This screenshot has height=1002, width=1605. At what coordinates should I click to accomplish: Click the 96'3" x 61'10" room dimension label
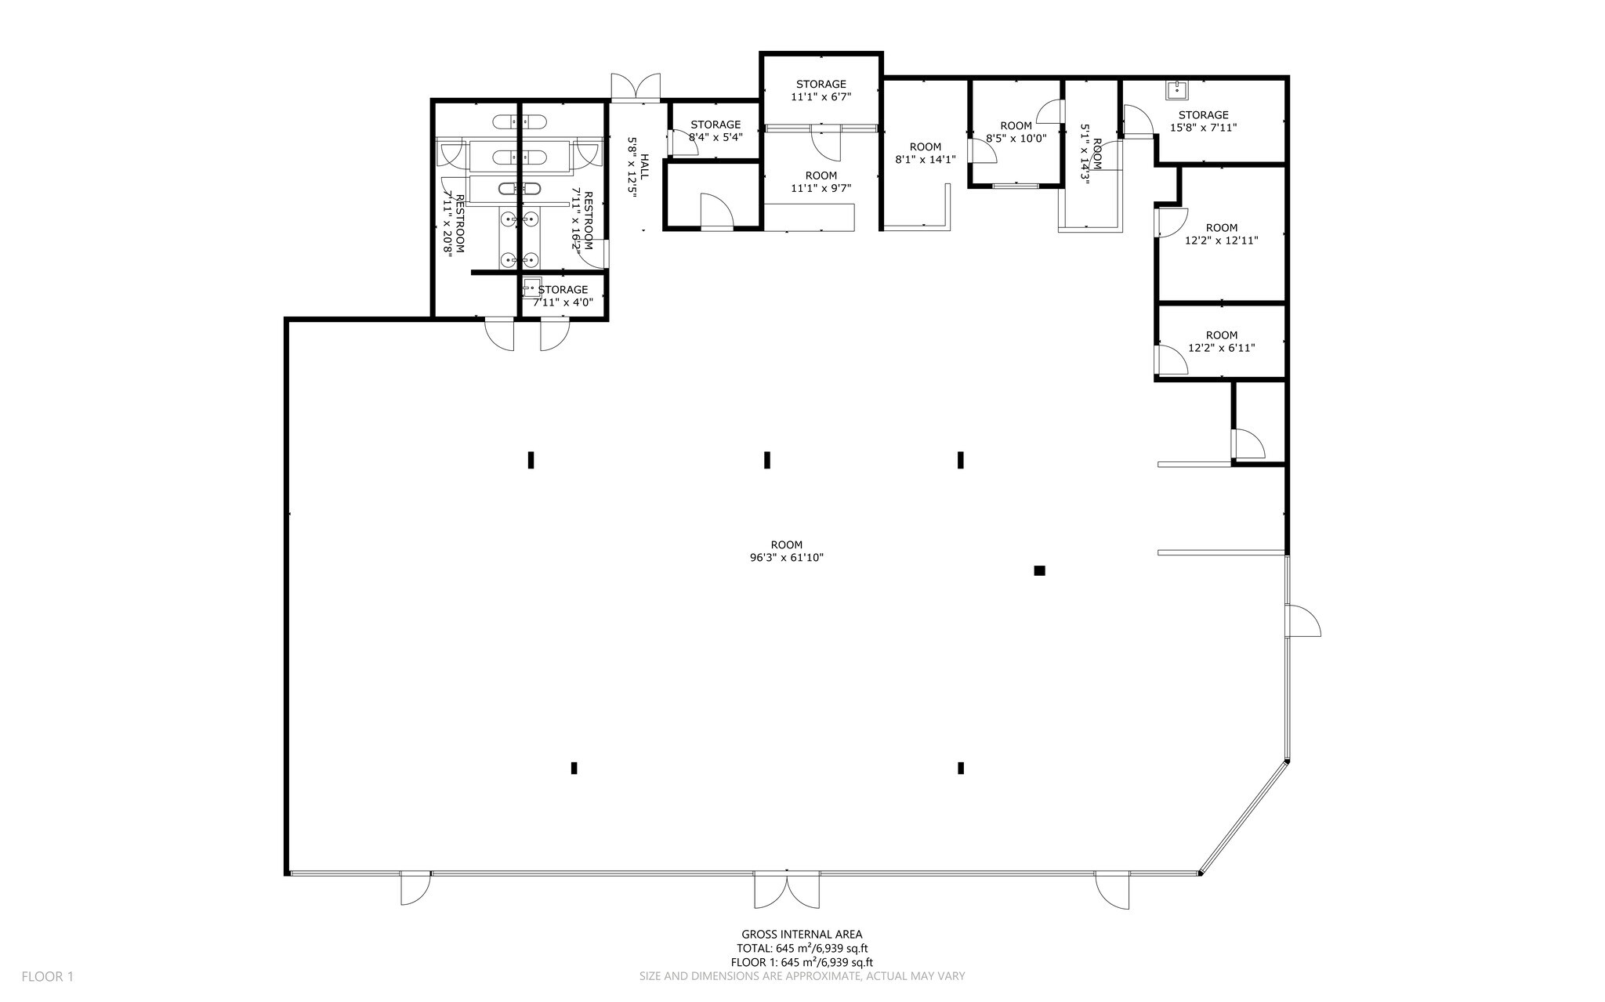786,558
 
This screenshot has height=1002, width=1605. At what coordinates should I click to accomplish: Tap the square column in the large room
1039,570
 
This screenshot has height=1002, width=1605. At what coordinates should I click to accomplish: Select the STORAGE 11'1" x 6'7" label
821,90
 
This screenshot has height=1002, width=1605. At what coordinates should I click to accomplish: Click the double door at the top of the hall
636,88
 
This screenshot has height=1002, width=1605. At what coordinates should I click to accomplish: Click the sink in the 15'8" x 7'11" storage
1177,90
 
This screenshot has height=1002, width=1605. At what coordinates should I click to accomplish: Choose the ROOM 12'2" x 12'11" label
1222,234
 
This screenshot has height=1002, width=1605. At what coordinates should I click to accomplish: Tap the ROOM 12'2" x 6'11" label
1222,342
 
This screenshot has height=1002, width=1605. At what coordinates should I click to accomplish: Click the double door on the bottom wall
787,890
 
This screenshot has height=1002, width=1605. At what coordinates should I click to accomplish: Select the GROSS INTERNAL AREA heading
802,934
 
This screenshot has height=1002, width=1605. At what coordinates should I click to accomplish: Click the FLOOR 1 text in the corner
47,976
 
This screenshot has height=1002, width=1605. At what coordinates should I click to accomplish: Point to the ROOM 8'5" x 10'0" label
1016,132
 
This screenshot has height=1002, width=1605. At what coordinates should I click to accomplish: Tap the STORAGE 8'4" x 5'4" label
716,130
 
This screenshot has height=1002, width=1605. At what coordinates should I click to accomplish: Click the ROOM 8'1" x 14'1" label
925,153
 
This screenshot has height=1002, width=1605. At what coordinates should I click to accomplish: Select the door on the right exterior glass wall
1302,621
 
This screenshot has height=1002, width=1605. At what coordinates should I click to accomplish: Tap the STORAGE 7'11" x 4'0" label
563,296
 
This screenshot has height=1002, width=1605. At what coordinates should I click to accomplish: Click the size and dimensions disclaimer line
802,976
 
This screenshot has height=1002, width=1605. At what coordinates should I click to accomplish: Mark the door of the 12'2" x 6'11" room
1171,360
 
